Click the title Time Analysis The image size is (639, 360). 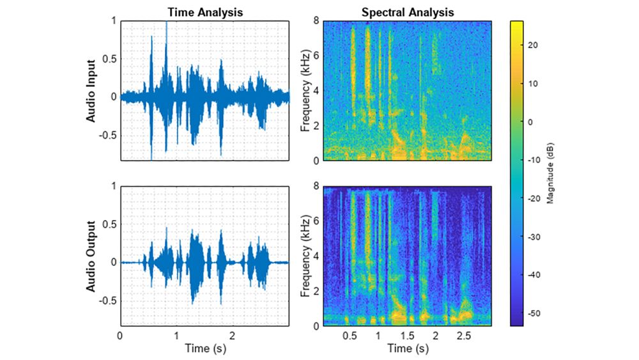[204, 12]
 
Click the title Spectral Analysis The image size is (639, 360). [407, 12]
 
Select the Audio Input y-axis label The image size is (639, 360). [91, 90]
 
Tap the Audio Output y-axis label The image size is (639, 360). [91, 256]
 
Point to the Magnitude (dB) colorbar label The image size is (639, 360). [550, 173]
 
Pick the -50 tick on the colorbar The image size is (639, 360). [535, 313]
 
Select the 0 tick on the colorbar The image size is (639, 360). [532, 121]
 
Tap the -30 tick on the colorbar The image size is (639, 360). [535, 237]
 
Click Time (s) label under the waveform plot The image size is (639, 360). [204, 349]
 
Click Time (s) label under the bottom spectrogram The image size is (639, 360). [407, 349]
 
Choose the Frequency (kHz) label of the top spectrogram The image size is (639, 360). [306, 90]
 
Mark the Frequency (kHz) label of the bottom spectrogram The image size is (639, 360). [306, 256]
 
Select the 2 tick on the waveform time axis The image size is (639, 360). [233, 335]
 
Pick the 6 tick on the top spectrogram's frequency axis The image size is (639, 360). [316, 55]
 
